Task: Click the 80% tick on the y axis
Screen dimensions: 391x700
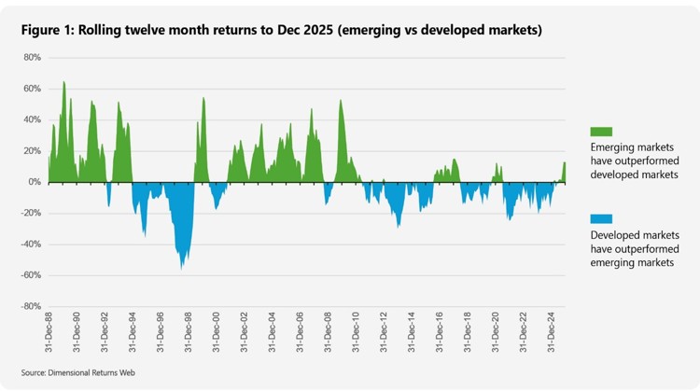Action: tap(33, 58)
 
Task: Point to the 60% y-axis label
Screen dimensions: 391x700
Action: tap(33, 89)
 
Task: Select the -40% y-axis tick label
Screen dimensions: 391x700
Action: tap(31, 244)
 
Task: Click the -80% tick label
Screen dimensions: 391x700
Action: tap(31, 306)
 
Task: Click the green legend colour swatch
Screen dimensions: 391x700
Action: tap(601, 132)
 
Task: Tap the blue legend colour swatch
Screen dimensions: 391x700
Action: tap(601, 218)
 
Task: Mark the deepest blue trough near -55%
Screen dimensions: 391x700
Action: tap(182, 267)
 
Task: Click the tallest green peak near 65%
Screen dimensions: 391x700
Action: tap(63, 83)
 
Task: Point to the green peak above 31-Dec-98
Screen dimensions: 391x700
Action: tap(203, 100)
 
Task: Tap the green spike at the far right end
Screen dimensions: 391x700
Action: tap(564, 166)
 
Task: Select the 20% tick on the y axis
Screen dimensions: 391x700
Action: tap(33, 151)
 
